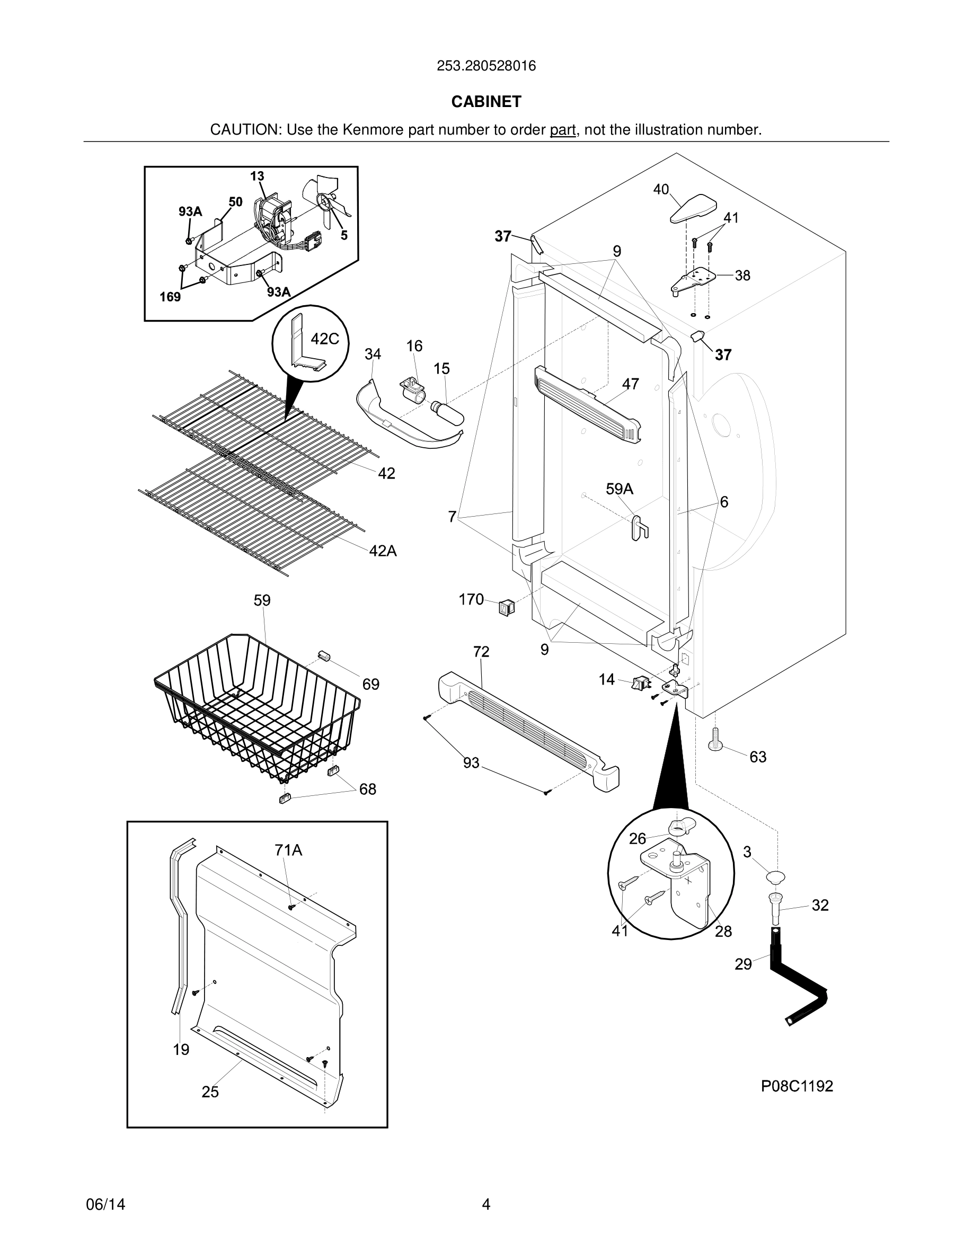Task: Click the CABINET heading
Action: [486, 101]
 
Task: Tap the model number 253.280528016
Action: [486, 66]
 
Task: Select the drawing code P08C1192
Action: [797, 1086]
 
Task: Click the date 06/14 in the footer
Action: [105, 1204]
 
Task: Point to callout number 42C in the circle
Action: [324, 339]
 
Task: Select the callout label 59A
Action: [619, 489]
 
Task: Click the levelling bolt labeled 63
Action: [716, 740]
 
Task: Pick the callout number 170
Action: [471, 599]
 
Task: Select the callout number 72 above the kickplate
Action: [481, 651]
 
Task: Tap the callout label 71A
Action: [288, 850]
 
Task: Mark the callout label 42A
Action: [383, 551]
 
